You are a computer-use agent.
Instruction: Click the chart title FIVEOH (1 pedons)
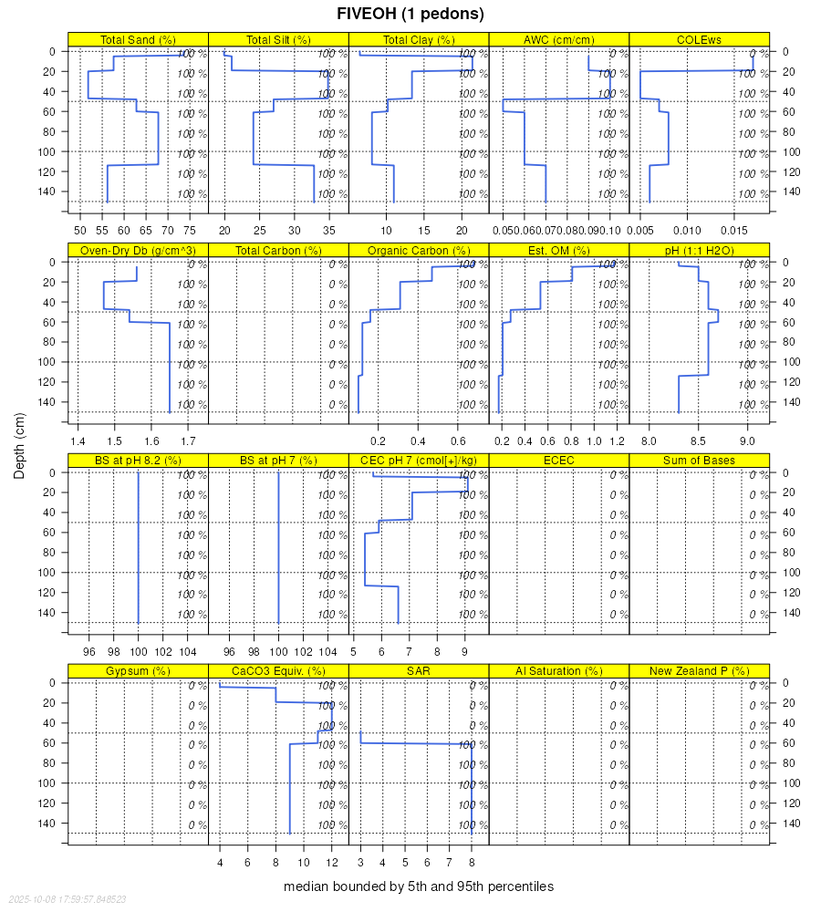click(410, 14)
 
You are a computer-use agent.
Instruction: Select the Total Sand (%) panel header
click(138, 40)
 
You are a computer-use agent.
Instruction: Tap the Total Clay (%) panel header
click(419, 40)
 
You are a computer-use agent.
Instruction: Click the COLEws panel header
click(700, 40)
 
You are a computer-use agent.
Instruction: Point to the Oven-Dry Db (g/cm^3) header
click(138, 251)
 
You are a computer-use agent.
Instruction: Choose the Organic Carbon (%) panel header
click(419, 251)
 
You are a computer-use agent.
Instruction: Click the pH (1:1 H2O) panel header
click(700, 251)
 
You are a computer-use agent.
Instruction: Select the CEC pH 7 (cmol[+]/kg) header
click(419, 461)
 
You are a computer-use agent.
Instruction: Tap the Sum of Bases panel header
click(700, 461)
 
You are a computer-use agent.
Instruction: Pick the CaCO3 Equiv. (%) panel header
click(278, 671)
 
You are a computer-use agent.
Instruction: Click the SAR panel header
click(419, 671)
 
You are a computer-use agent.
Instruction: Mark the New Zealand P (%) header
click(700, 671)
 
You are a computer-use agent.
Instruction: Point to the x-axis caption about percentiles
click(419, 886)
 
